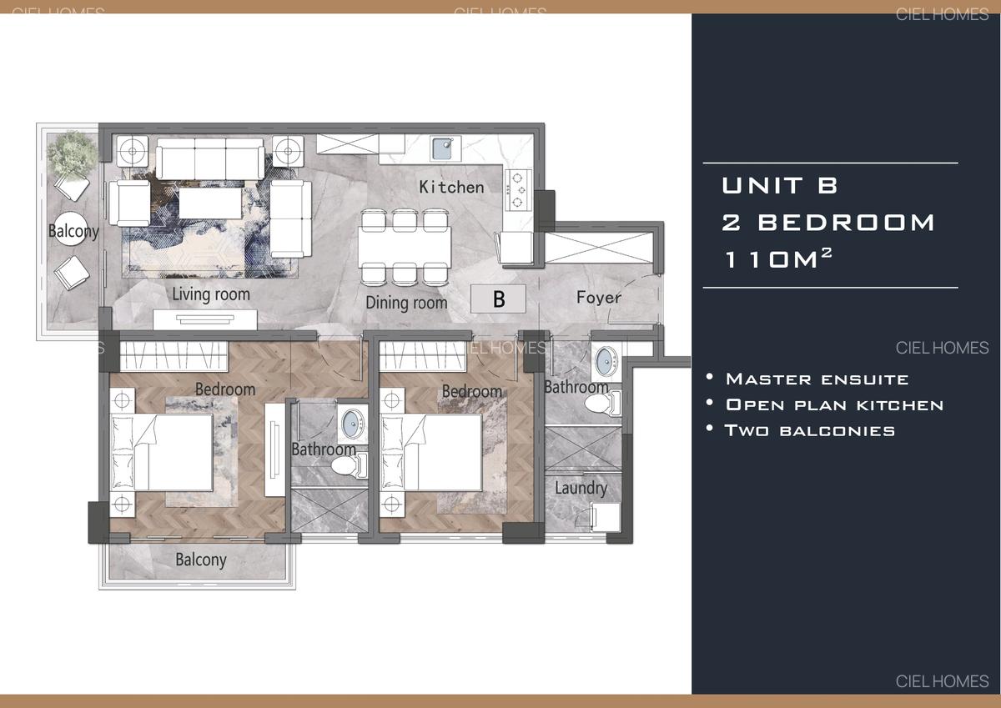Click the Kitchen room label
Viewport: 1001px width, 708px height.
[x=451, y=187]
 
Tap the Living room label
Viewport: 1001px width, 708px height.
[x=210, y=294]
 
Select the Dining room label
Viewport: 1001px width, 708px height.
[x=406, y=303]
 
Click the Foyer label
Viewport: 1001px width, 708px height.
[x=598, y=297]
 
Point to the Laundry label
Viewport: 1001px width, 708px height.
[x=581, y=488]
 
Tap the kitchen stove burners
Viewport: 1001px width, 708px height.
[x=518, y=189]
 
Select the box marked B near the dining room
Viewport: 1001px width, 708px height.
[x=498, y=299]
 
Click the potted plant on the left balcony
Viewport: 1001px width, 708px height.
[x=68, y=153]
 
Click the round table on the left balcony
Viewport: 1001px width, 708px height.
[x=73, y=231]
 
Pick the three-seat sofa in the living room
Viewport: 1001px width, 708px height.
[x=210, y=158]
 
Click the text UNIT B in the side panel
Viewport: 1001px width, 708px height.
[x=779, y=185]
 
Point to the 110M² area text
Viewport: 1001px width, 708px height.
[x=777, y=259]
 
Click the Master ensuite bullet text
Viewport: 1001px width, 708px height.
[x=816, y=379]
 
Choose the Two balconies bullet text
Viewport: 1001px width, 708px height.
[x=809, y=430]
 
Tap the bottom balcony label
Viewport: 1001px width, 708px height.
[x=200, y=560]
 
